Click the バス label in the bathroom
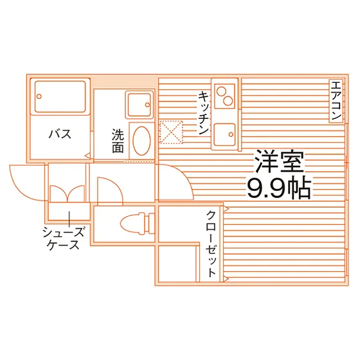pos(60,134)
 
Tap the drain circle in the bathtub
pos(39,96)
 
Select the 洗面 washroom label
pos(118,141)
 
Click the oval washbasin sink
pos(141,141)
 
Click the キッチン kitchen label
pos(204,113)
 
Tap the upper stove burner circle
pos(222,91)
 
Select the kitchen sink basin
pos(224,135)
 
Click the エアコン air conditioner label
pos(336,101)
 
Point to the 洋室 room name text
pos(280,161)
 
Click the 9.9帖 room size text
pos(279,188)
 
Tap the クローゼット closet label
pos(212,244)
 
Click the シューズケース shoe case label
pos(64,238)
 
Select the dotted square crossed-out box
pos(171,132)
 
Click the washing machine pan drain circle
pos(147,105)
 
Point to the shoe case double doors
pos(67,194)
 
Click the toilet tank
pos(150,224)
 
